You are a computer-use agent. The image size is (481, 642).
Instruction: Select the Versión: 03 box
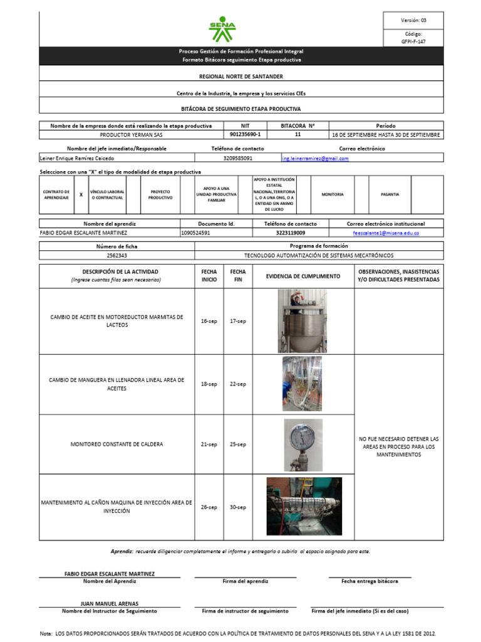413,21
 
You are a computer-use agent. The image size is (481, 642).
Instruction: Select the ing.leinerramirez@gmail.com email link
315,159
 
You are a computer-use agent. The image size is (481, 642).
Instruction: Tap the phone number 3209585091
238,159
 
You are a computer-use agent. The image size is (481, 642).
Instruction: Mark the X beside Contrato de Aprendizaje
81,195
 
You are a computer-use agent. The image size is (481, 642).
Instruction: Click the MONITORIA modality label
333,195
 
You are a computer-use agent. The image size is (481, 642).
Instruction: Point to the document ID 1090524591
195,233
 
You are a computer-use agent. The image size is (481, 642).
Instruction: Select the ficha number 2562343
117,256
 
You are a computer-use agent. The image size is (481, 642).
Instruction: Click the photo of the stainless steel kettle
303,321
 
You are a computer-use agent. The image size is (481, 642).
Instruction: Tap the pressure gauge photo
303,445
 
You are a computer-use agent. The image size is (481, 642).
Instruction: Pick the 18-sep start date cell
209,384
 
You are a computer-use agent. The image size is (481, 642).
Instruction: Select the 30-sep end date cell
237,507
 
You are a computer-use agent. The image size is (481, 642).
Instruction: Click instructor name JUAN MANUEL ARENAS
110,604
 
